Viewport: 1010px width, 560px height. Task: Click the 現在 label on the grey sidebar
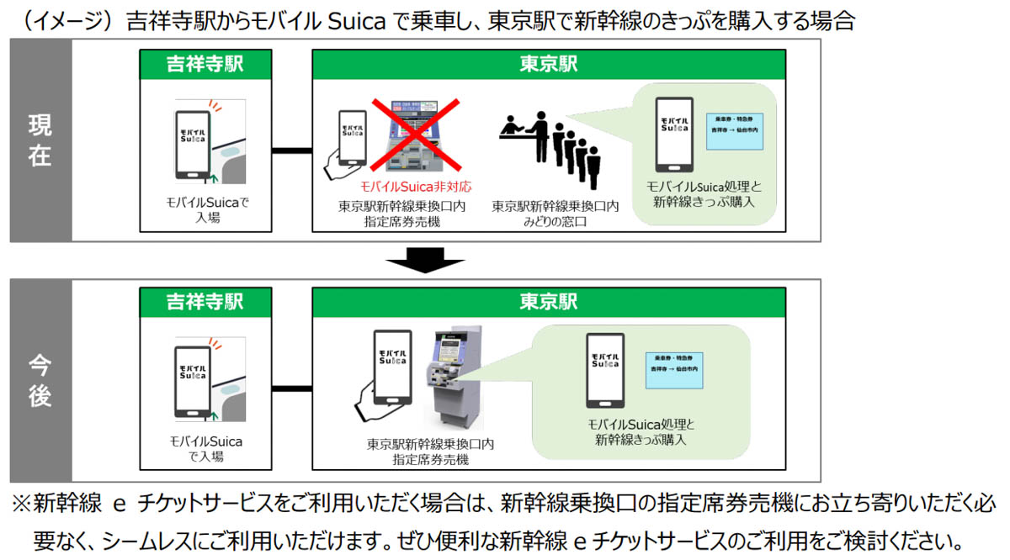click(x=40, y=140)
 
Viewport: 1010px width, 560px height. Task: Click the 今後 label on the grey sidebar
click(x=40, y=381)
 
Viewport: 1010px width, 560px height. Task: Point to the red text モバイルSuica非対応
click(x=403, y=188)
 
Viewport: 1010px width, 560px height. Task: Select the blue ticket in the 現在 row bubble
click(x=733, y=127)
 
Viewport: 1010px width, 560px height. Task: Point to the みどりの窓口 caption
click(x=555, y=221)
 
